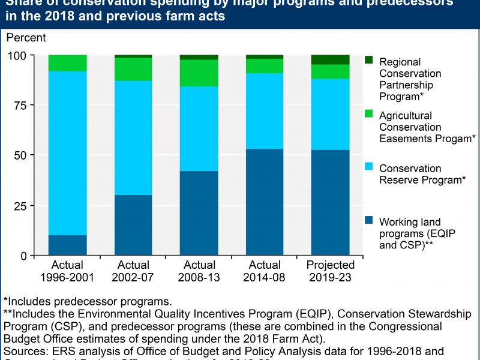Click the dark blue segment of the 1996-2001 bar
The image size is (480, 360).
pyautogui.click(x=68, y=245)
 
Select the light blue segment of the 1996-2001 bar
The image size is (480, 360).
pyautogui.click(x=68, y=153)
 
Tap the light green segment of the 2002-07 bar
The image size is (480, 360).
pyautogui.click(x=133, y=69)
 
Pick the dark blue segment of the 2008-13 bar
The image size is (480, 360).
pyautogui.click(x=199, y=213)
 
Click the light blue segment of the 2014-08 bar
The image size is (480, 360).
pyautogui.click(x=265, y=111)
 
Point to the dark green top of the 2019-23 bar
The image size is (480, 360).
pyautogui.click(x=330, y=59)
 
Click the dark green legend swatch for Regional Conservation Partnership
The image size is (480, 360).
pyautogui.click(x=369, y=60)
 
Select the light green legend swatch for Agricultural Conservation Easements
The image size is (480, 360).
pyautogui.click(x=369, y=114)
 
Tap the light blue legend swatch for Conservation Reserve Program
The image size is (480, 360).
pyautogui.click(x=369, y=167)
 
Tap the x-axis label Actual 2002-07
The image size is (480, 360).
pyautogui.click(x=133, y=270)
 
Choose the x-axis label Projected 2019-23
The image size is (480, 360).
pyautogui.click(x=330, y=270)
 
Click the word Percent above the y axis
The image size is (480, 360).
pyautogui.click(x=25, y=38)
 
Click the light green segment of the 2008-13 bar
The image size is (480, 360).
pyautogui.click(x=199, y=73)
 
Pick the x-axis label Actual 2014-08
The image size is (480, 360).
pyautogui.click(x=265, y=270)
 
